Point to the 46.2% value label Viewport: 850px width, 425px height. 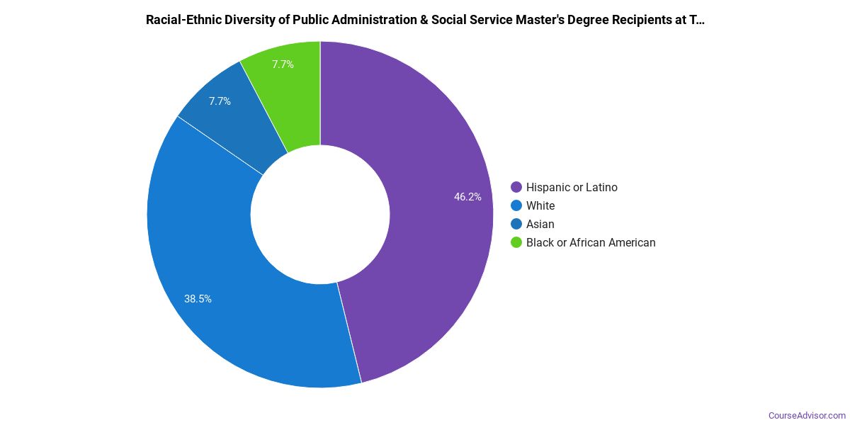coord(467,197)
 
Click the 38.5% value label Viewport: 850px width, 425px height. coord(198,299)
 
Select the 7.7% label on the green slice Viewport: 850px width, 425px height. coord(283,64)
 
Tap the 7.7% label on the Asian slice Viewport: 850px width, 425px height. coord(220,101)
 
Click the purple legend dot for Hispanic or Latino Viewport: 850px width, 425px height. coord(516,188)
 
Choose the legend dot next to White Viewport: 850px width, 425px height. coord(516,206)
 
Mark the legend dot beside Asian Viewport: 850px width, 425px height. coord(516,225)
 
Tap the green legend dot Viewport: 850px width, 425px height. coord(516,243)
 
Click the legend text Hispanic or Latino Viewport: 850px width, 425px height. coord(572,188)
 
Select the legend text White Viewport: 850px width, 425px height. coord(540,206)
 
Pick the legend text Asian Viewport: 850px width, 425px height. coord(540,225)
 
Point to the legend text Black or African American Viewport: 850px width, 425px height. coord(591,243)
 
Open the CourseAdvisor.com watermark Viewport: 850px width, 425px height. coord(807,415)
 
